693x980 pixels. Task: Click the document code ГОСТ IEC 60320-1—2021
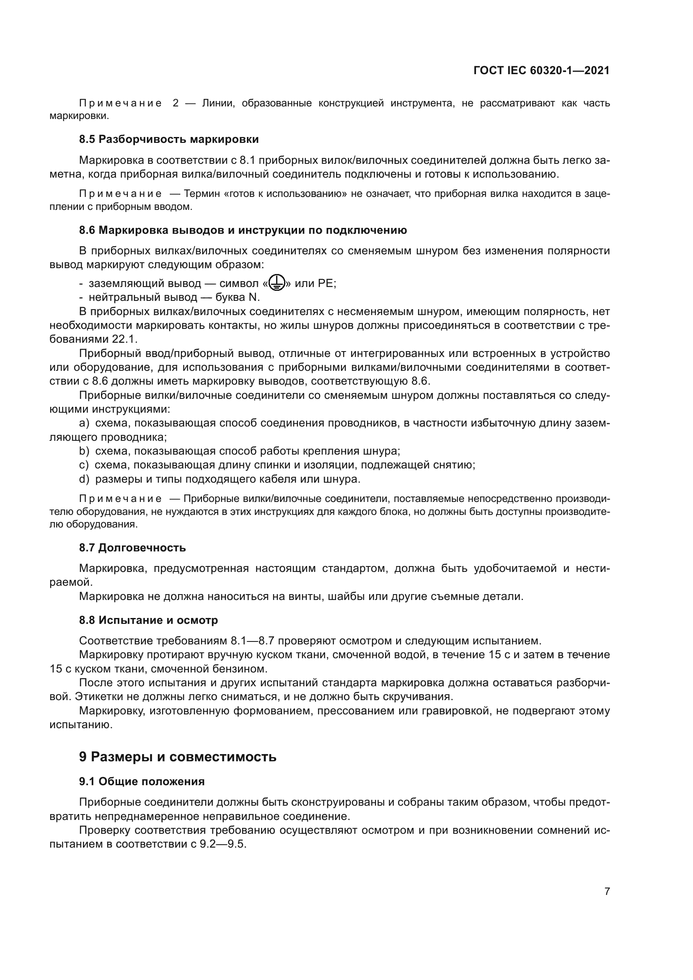click(541, 71)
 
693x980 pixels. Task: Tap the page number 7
click(607, 891)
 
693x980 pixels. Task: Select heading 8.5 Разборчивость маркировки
click(169, 139)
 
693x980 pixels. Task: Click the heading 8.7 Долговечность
click(132, 548)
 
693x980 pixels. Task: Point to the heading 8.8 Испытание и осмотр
click(148, 620)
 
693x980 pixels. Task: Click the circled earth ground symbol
click(277, 283)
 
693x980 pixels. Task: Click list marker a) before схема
click(84, 423)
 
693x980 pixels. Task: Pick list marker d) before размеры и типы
click(84, 479)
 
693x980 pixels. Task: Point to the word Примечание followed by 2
click(120, 103)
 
